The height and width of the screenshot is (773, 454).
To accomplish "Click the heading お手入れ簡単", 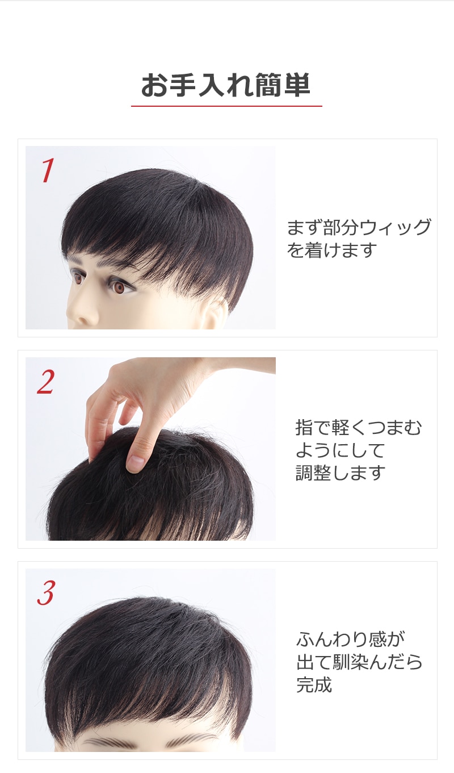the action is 226,85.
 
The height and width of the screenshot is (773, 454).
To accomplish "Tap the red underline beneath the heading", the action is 226,106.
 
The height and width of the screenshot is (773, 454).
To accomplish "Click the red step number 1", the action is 47,170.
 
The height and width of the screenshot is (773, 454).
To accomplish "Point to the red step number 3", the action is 46,593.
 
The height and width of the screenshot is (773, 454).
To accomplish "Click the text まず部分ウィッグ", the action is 359,227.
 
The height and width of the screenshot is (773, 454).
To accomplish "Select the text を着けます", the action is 331,250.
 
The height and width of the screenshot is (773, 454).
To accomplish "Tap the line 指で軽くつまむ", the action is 359,427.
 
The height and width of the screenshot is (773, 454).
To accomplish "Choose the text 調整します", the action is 340,473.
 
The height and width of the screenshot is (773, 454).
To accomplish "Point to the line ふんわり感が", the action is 350,639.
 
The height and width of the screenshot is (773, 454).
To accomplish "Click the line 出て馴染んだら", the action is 359,662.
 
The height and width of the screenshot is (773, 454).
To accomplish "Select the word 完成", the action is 314,684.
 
